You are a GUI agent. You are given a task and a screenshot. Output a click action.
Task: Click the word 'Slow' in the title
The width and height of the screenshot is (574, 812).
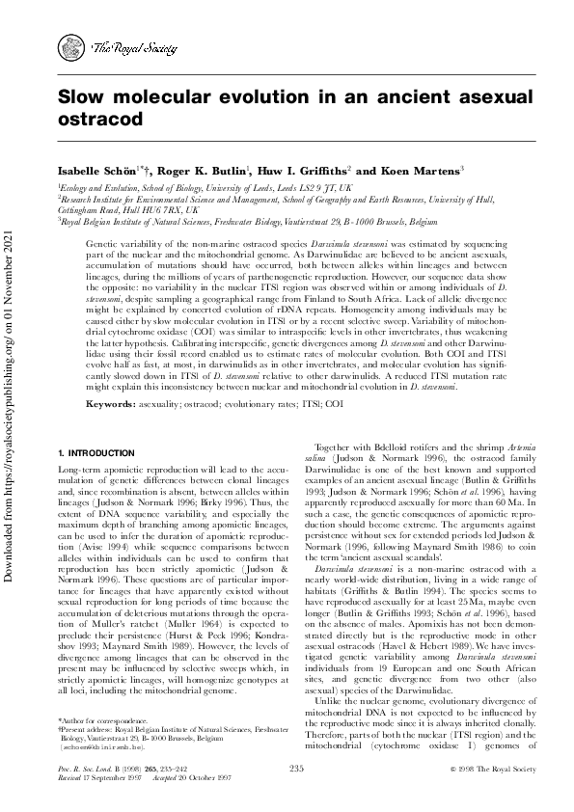(86, 98)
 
